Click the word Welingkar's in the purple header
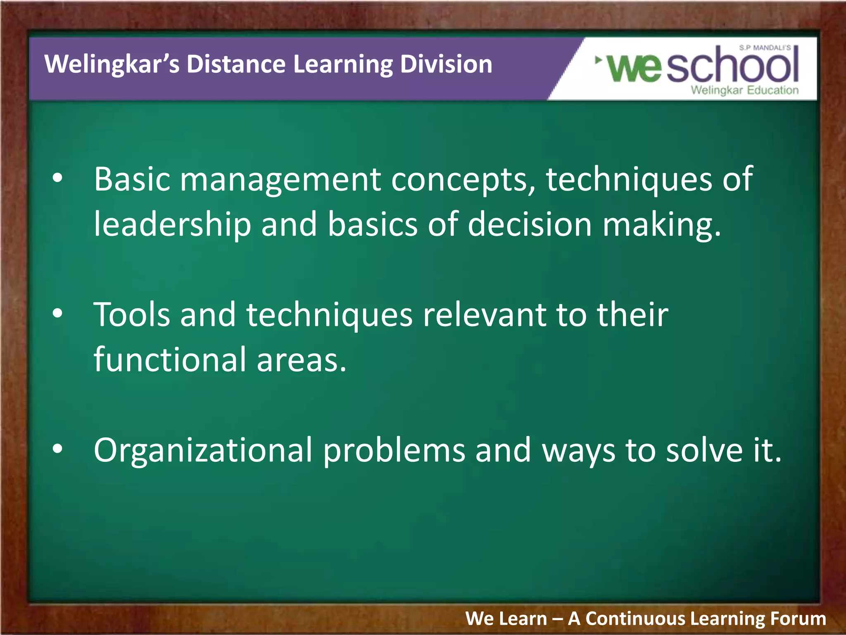112,64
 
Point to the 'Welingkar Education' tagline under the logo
744,90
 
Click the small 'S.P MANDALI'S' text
765,48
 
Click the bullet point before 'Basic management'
57,178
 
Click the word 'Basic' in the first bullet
132,179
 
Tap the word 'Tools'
132,315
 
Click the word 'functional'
170,360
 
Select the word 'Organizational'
202,451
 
